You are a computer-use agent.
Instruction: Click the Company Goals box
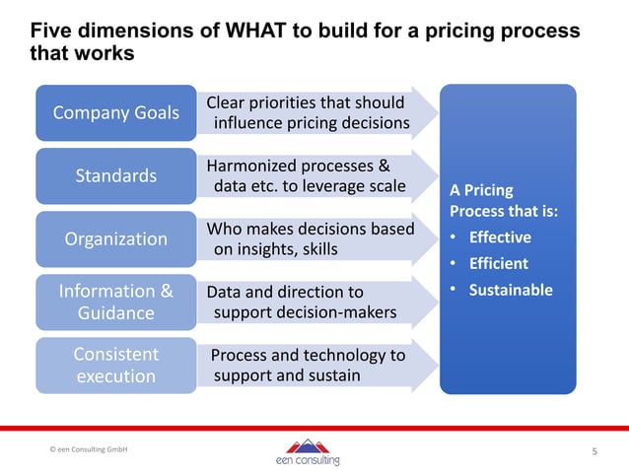116,112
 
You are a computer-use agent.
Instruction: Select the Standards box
116,175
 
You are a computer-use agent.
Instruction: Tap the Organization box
116,238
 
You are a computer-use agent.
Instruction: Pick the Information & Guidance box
116,302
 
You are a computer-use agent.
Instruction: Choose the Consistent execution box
116,365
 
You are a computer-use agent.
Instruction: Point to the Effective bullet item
499,237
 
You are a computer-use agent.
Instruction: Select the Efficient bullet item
498,264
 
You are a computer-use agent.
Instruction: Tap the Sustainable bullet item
510,291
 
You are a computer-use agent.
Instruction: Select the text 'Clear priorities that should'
306,103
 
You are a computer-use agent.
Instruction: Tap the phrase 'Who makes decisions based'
310,230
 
